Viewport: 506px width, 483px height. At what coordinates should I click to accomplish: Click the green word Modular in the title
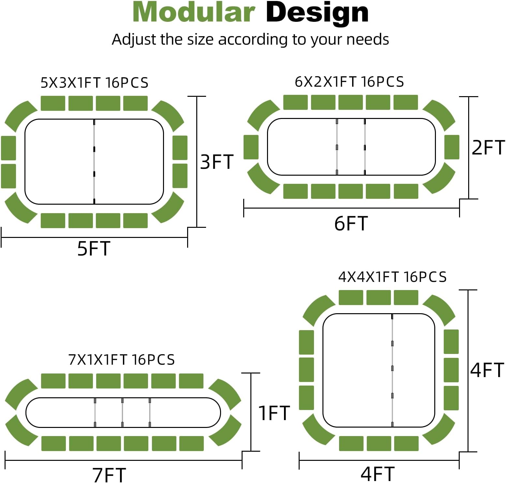pyautogui.click(x=194, y=13)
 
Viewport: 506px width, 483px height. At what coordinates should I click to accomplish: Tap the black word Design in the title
pyautogui.click(x=317, y=13)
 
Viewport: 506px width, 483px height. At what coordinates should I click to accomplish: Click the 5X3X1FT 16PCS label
pyautogui.click(x=94, y=83)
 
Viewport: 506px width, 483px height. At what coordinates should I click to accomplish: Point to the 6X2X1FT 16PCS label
pyautogui.click(x=349, y=81)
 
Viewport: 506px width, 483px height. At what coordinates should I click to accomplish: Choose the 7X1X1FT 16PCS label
pyautogui.click(x=121, y=360)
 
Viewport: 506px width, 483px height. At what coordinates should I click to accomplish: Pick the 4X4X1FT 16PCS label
pyautogui.click(x=392, y=277)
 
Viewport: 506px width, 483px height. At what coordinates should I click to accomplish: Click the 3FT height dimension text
pyautogui.click(x=217, y=162)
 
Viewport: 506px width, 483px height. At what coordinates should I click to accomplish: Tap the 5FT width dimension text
pyautogui.click(x=94, y=249)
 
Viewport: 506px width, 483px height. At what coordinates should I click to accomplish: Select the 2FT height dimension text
pyautogui.click(x=488, y=148)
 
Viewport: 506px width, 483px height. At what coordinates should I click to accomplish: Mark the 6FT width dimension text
pyautogui.click(x=351, y=224)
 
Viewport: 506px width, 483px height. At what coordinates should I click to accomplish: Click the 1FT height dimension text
pyautogui.click(x=274, y=413)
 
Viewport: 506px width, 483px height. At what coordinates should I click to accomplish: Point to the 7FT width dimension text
pyautogui.click(x=109, y=475)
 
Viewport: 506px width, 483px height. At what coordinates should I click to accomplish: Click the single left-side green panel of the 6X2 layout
pyautogui.click(x=251, y=147)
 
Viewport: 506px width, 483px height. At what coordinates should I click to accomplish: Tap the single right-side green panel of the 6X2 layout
pyautogui.click(x=452, y=147)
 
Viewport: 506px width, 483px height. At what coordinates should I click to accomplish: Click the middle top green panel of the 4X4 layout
pyautogui.click(x=378, y=298)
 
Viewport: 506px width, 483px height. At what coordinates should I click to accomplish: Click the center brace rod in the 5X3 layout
pyautogui.click(x=94, y=162)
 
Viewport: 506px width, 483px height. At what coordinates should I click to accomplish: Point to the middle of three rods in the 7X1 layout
pyautogui.click(x=122, y=412)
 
